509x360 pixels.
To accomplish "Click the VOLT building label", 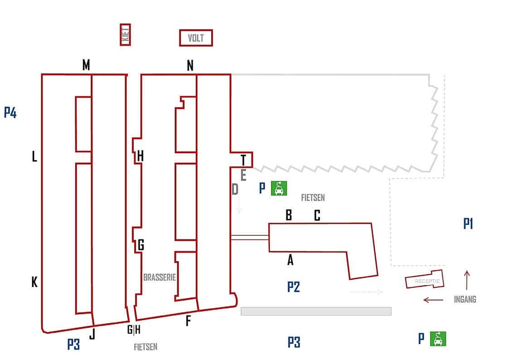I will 196,38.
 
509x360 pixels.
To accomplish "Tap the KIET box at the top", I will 126,34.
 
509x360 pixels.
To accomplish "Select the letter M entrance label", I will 86,65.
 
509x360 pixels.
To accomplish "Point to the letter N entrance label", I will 190,66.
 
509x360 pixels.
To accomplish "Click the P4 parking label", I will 10,112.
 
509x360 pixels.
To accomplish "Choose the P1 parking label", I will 468,224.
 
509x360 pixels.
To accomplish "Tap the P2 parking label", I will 293,287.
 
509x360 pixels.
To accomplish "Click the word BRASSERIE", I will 160,277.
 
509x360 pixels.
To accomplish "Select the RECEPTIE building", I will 425,280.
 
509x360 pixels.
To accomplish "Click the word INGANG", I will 465,299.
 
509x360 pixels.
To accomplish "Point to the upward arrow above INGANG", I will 467,280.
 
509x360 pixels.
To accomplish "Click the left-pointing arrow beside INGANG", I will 433,299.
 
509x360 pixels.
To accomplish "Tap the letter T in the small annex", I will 243,160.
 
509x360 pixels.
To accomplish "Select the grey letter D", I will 235,189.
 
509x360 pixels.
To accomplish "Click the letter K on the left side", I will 34,282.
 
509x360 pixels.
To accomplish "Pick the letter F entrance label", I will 188,321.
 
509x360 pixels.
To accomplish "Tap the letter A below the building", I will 291,260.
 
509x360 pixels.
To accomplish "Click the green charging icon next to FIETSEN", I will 279,188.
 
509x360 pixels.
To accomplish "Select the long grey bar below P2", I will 316,311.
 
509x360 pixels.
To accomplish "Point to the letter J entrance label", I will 92,335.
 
